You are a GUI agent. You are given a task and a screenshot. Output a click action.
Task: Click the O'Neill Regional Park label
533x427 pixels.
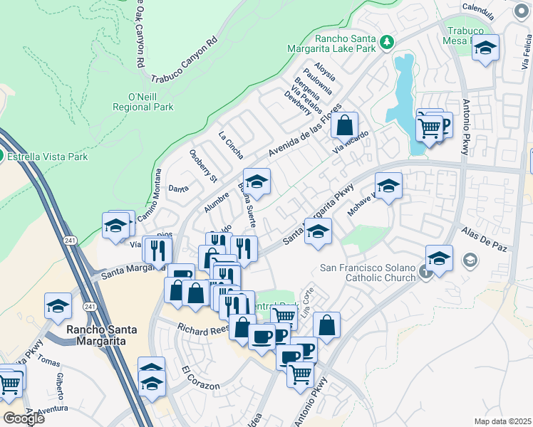[x=143, y=102]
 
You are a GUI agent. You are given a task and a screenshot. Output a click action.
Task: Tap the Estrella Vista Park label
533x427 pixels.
[x=48, y=157]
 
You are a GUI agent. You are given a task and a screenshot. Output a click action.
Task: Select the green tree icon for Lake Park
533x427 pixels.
[x=387, y=43]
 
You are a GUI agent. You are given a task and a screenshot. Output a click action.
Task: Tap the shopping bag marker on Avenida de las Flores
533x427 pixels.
[x=344, y=125]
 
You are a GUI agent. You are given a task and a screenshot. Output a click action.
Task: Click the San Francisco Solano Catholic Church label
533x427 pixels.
[x=366, y=273]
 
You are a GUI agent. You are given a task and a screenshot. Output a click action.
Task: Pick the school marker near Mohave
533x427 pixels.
[x=388, y=186]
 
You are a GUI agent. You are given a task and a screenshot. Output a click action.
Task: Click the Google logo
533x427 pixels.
[x=24, y=418]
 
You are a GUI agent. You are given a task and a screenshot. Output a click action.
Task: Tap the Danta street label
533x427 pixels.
[x=177, y=189]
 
